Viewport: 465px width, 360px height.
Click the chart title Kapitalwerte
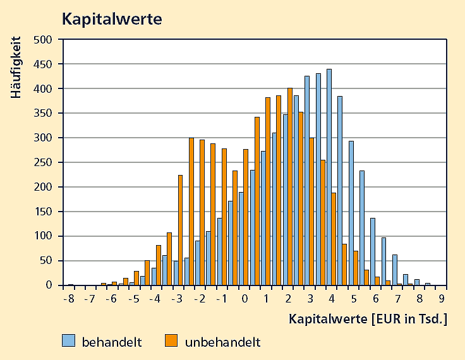(111, 19)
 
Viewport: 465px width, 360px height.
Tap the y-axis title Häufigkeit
(16, 68)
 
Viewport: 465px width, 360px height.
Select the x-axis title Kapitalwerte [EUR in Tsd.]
(368, 319)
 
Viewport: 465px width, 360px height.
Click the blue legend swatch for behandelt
(69, 341)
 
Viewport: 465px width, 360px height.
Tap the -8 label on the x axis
(69, 299)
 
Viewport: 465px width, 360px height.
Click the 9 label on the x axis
(442, 299)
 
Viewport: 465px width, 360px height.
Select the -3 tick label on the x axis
(179, 299)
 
